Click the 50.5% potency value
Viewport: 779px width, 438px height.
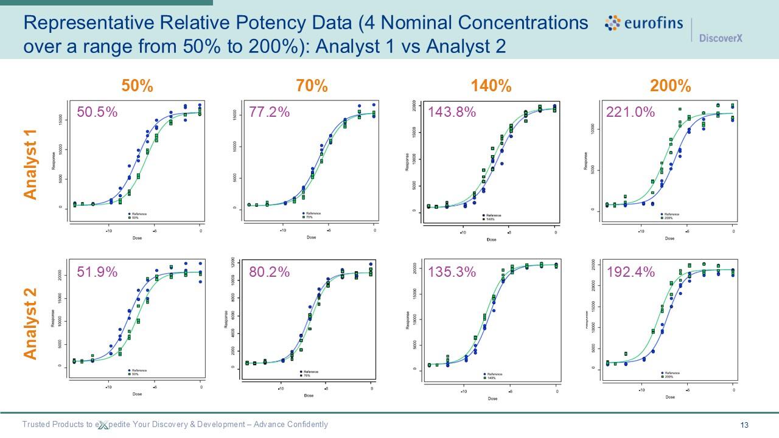coord(97,112)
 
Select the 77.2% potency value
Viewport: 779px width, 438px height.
coord(270,112)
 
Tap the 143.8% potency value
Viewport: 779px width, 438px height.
coord(452,112)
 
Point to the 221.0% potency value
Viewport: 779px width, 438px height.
coord(630,112)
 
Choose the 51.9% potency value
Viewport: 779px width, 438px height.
coord(97,272)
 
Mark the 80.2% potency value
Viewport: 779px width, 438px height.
coord(270,272)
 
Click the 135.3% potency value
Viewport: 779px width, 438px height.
coord(452,272)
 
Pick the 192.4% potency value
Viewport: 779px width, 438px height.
coord(630,272)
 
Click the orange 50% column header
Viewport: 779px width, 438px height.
coord(137,86)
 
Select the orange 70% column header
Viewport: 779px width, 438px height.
coord(312,86)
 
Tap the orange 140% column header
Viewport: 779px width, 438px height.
coord(491,86)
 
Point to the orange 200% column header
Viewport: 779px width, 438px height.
coord(670,86)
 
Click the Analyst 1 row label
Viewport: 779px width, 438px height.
coord(31,164)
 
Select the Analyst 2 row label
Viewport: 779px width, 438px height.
coord(31,324)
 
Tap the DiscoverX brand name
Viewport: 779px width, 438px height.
coord(721,38)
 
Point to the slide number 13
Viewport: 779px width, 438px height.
coord(744,425)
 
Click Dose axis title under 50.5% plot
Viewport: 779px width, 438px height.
coord(137,238)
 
